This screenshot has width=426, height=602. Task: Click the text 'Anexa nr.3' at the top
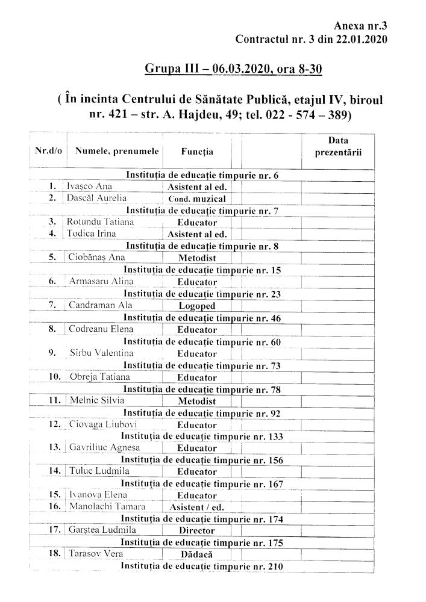tap(359, 25)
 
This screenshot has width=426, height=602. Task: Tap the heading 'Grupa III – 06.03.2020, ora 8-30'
tap(233, 70)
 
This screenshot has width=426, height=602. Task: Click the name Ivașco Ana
tap(89, 186)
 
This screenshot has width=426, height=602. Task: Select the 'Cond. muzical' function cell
tap(197, 199)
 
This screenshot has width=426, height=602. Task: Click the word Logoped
tap(197, 306)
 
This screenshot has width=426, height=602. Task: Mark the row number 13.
tap(54, 447)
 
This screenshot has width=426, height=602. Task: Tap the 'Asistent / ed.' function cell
tap(197, 507)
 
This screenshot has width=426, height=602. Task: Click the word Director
tap(197, 531)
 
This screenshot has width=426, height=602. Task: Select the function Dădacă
tap(197, 554)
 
